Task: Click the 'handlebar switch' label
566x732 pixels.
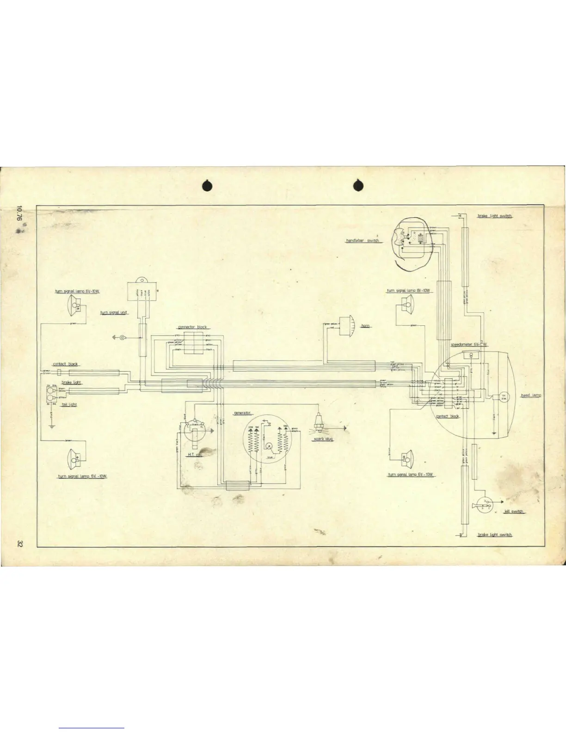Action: (363, 241)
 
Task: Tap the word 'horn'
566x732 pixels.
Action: (365, 326)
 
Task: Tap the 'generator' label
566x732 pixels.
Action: (242, 413)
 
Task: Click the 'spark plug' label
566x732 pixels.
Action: (323, 439)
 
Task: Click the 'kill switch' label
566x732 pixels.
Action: (514, 512)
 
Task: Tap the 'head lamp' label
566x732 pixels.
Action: (531, 396)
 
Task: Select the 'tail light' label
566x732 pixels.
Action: (69, 405)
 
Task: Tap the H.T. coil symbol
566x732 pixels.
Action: (195, 432)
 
